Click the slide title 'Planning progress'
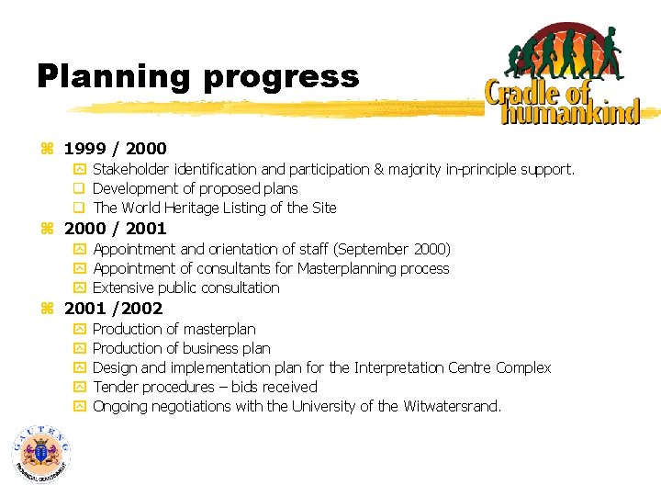(x=197, y=75)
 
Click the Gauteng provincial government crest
(x=41, y=454)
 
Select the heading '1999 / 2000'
(x=115, y=148)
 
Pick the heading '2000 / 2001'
(x=115, y=228)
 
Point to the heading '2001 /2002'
(x=113, y=308)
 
